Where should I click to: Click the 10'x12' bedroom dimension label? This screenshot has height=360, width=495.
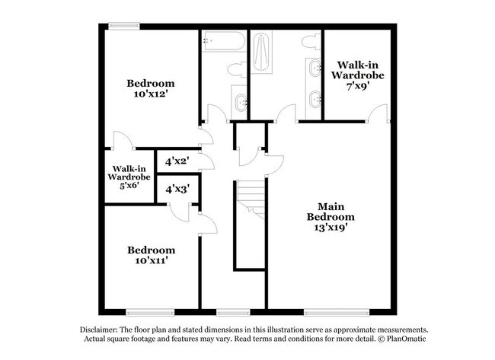coord(150,94)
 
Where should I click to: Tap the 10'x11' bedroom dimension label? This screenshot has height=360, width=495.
coord(151,260)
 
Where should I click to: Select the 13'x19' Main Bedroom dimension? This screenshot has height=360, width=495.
coord(331,227)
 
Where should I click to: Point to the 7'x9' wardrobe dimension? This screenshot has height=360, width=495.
coord(358,86)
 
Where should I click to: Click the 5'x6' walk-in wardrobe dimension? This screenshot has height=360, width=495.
coord(129,185)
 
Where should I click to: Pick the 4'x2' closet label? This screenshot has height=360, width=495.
coord(177,161)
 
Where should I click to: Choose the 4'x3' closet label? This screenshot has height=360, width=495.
coord(177,189)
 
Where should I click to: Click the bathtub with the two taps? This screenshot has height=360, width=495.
coord(223,40)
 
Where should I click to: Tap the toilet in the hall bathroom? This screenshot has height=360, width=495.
coord(237,69)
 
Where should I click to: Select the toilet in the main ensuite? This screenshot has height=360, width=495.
coord(311,43)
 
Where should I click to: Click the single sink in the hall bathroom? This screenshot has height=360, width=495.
coord(240,102)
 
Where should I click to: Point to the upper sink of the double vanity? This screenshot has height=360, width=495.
coord(315,68)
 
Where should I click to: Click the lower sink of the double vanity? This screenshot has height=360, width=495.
coord(315,99)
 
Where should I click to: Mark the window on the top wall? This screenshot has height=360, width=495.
coord(124,26)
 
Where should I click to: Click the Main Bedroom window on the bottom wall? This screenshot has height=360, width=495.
coord(337,312)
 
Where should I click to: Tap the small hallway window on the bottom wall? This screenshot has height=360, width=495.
coord(233,312)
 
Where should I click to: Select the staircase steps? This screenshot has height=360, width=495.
coord(251,199)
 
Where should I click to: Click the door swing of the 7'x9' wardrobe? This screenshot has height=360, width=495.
coord(378,113)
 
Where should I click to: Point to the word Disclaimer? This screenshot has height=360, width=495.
coord(99,330)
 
